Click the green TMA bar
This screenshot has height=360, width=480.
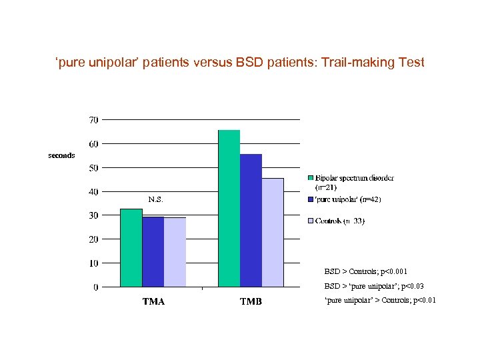point(131,248)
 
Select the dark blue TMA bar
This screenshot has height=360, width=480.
point(153,252)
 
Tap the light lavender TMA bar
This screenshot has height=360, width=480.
point(175,253)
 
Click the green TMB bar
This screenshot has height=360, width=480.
point(229,209)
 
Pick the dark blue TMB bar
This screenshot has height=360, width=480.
point(251,221)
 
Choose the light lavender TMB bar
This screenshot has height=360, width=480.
point(273,233)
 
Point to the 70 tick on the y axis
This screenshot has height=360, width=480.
point(93,120)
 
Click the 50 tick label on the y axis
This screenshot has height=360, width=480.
point(93,168)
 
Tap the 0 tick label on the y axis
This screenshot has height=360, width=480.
point(96,287)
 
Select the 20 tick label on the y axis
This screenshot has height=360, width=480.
point(93,239)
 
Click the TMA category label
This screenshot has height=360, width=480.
point(153,302)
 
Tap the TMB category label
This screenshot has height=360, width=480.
point(251,302)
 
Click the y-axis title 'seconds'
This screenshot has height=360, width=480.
point(61,155)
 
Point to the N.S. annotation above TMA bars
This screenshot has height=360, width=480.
point(155,199)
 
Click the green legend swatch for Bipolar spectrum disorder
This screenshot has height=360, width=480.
point(311,178)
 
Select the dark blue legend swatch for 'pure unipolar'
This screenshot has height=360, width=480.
point(311,199)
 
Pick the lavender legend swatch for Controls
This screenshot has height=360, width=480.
point(311,221)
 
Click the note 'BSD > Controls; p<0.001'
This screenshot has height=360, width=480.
point(365,271)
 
